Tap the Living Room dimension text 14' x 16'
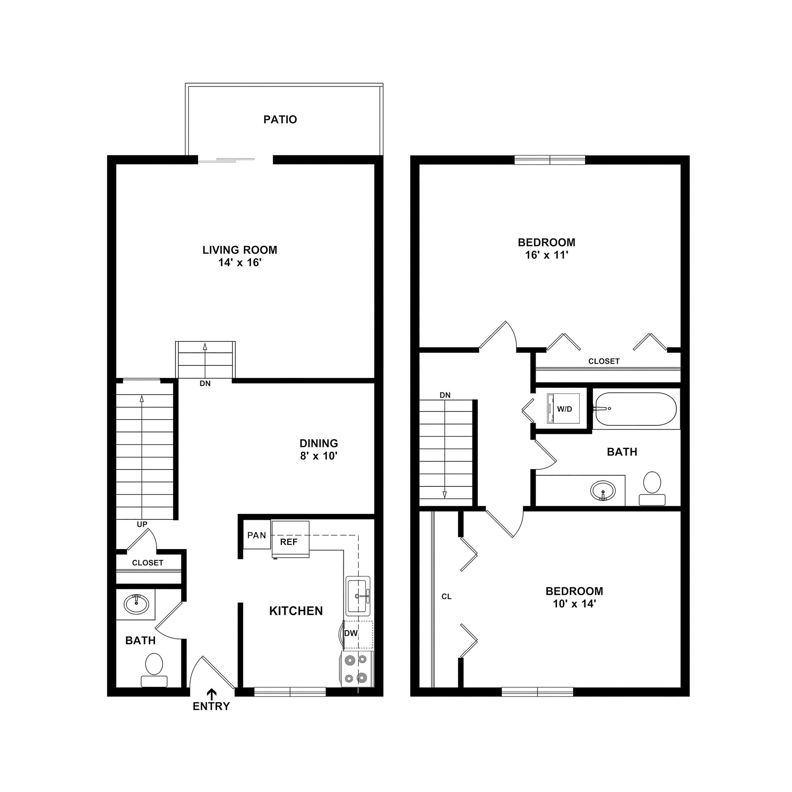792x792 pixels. (240, 262)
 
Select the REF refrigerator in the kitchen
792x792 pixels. (290, 541)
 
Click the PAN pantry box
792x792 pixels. (257, 535)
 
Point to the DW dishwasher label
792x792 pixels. (351, 633)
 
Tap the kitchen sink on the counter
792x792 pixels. (358, 596)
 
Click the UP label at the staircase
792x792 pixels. (142, 524)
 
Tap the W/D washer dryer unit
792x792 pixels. (564, 409)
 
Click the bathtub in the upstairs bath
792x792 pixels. (635, 409)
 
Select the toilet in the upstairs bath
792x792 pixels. (652, 487)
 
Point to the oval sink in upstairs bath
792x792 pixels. (603, 490)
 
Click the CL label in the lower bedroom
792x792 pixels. (446, 596)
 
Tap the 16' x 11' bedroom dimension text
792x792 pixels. (546, 255)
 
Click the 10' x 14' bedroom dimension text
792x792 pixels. (574, 604)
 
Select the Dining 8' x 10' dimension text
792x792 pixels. (319, 456)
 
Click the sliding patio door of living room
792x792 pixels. (235, 160)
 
